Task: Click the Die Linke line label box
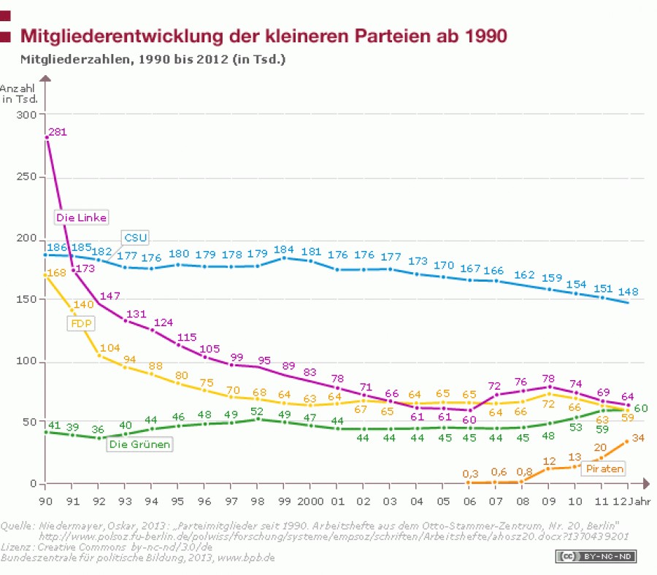81,217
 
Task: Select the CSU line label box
136,238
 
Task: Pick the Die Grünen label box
139,444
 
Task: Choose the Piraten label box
603,468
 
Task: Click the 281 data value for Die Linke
58,133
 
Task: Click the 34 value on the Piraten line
638,439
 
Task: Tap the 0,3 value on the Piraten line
471,474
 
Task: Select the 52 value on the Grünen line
258,411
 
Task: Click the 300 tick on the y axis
26,115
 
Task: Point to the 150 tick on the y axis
26,300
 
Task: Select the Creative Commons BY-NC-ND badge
596,557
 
